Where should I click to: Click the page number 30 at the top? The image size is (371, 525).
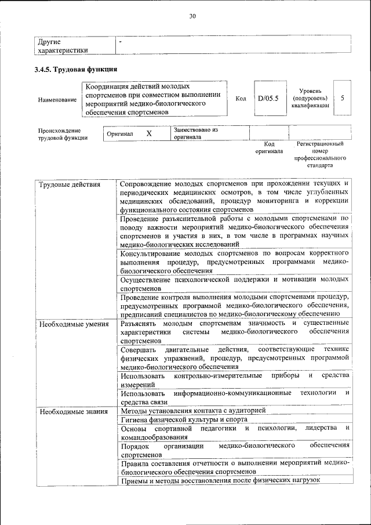[192, 16]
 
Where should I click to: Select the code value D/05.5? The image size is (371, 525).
[268, 98]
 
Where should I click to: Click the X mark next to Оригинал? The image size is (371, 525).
[149, 133]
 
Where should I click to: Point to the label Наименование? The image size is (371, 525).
[57, 100]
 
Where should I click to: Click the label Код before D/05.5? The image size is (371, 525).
[241, 99]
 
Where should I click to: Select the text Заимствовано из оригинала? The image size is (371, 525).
[195, 133]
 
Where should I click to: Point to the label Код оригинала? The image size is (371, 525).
[269, 147]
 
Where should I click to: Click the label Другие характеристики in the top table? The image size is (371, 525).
[63, 46]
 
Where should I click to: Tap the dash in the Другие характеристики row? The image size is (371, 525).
[120, 42]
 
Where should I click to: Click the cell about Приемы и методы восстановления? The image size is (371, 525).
[220, 480]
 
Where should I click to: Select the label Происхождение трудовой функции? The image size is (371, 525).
[60, 134]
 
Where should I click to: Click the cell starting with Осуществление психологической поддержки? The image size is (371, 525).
[234, 284]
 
